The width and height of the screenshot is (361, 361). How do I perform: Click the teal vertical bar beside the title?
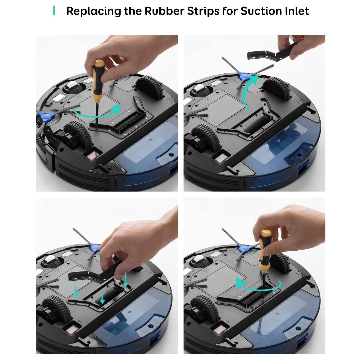tap(54, 11)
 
